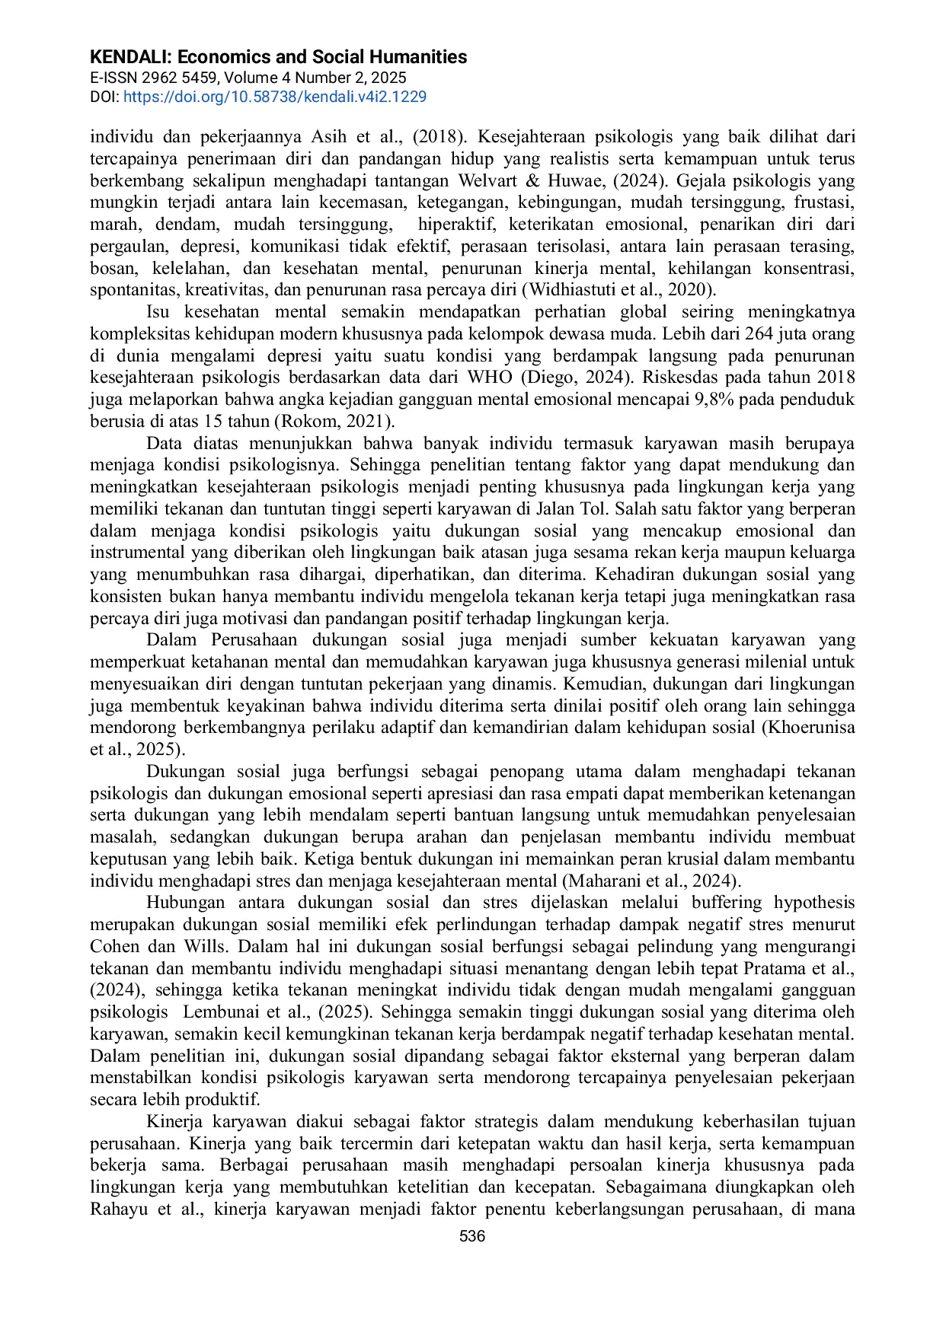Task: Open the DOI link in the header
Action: (274, 97)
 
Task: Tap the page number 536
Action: (472, 1236)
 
